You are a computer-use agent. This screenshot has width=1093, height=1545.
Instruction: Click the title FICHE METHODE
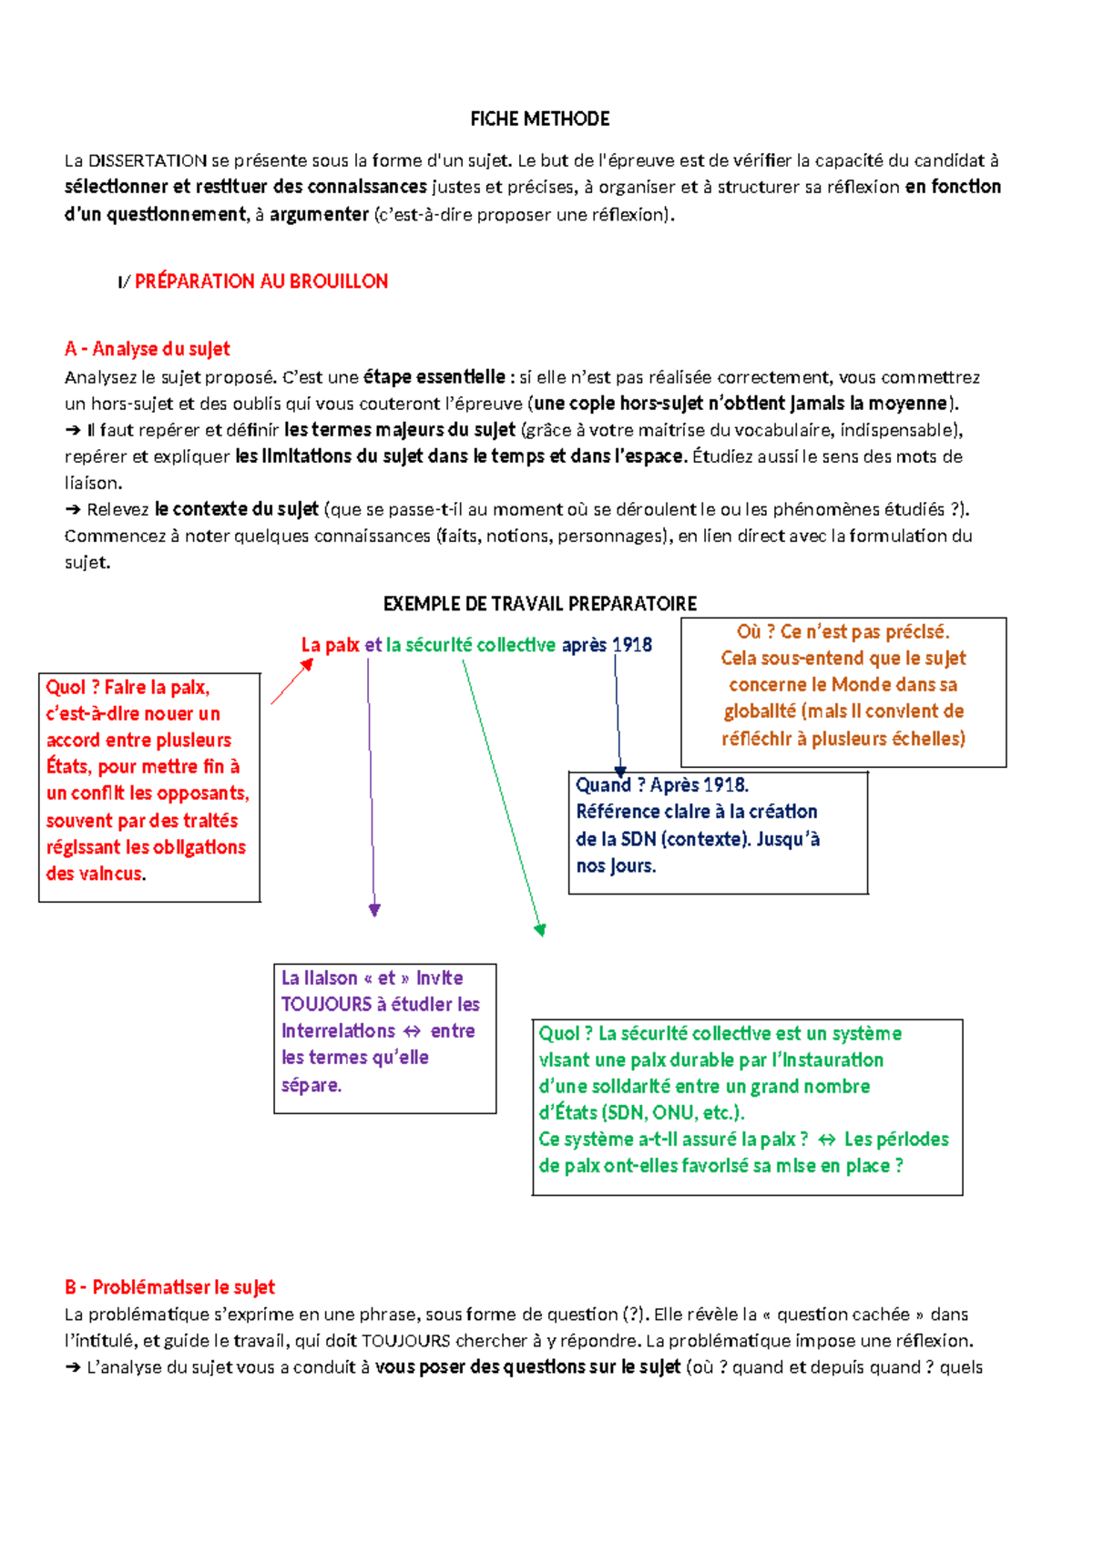539,118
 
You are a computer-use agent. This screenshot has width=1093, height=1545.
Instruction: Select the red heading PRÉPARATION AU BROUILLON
260,281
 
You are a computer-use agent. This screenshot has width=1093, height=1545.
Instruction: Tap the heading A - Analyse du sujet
148,349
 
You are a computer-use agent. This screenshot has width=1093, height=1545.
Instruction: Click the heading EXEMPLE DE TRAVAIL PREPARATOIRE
539,603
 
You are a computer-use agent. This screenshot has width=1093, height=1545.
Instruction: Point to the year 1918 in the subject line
632,645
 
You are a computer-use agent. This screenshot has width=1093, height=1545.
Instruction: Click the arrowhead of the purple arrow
374,909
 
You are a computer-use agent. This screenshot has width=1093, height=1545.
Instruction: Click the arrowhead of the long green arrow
541,929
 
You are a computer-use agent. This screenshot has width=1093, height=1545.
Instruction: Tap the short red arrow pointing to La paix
291,681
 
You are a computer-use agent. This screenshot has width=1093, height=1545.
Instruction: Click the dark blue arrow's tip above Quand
620,772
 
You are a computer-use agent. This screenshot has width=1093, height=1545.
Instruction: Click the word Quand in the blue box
603,785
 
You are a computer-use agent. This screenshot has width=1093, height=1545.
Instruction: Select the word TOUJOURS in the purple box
326,1004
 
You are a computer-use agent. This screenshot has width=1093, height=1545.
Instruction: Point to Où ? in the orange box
754,631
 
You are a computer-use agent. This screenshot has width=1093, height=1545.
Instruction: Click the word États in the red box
68,766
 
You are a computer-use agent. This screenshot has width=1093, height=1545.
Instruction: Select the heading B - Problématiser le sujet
169,1287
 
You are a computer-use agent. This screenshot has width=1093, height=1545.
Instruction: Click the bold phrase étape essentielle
434,376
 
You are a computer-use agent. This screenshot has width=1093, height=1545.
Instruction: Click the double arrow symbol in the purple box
412,1031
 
